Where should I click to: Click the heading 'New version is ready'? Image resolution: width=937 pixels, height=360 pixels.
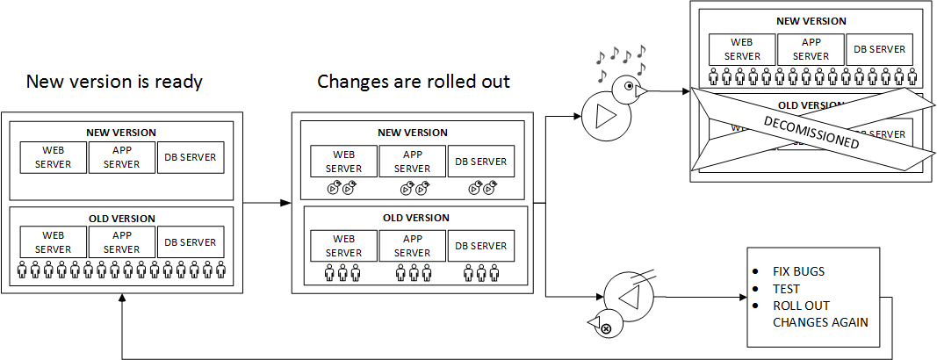[x=114, y=82]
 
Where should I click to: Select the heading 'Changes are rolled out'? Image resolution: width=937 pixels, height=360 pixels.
[x=414, y=82]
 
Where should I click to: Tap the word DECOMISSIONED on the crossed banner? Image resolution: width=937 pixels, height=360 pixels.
[x=811, y=131]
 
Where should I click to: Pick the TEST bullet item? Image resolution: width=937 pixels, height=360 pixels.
[x=786, y=289]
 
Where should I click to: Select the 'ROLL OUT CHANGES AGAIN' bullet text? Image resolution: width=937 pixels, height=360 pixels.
[x=819, y=313]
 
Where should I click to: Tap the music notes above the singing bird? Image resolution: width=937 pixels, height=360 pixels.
[x=622, y=60]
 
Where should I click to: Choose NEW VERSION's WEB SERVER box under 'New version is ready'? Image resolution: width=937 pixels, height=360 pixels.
[x=54, y=158]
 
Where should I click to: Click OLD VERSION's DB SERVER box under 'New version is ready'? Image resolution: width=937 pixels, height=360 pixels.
[x=191, y=242]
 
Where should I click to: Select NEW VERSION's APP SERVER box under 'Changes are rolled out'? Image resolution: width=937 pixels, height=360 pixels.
[x=412, y=162]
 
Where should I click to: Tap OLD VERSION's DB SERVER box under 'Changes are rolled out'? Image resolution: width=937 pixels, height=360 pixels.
[x=480, y=246]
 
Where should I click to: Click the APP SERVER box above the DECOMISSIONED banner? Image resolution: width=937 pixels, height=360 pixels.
[x=811, y=49]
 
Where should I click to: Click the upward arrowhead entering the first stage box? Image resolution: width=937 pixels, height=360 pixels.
[x=122, y=299]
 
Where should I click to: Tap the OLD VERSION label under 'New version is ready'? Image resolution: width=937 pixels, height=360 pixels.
[x=121, y=219]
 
